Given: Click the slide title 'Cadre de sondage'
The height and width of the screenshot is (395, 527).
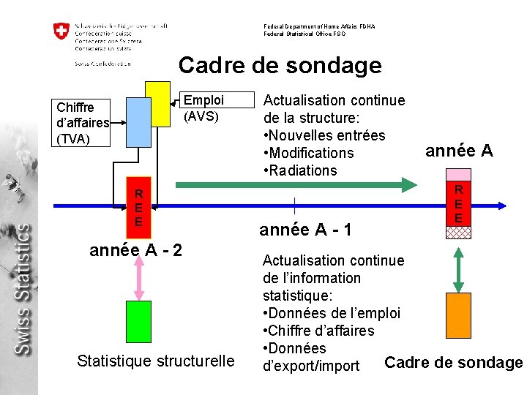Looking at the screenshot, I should (280, 65).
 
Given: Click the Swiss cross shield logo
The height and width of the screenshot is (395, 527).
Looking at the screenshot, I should (61, 31).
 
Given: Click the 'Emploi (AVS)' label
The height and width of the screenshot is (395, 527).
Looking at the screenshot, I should (201, 108).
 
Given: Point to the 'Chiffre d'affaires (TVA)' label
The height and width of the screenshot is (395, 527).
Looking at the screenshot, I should (83, 123).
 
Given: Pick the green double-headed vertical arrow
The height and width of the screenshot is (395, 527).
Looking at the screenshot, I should (459, 269).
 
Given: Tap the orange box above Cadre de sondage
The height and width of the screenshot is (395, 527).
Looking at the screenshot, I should (458, 315).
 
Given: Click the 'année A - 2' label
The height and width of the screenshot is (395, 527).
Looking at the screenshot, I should (135, 249).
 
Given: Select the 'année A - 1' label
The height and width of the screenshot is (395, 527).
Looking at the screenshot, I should (306, 230).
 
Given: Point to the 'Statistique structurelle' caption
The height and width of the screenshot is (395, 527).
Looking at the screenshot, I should (156, 361).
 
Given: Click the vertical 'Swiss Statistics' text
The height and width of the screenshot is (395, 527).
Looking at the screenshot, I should (23, 289).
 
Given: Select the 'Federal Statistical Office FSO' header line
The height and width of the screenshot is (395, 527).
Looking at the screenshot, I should (304, 34).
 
